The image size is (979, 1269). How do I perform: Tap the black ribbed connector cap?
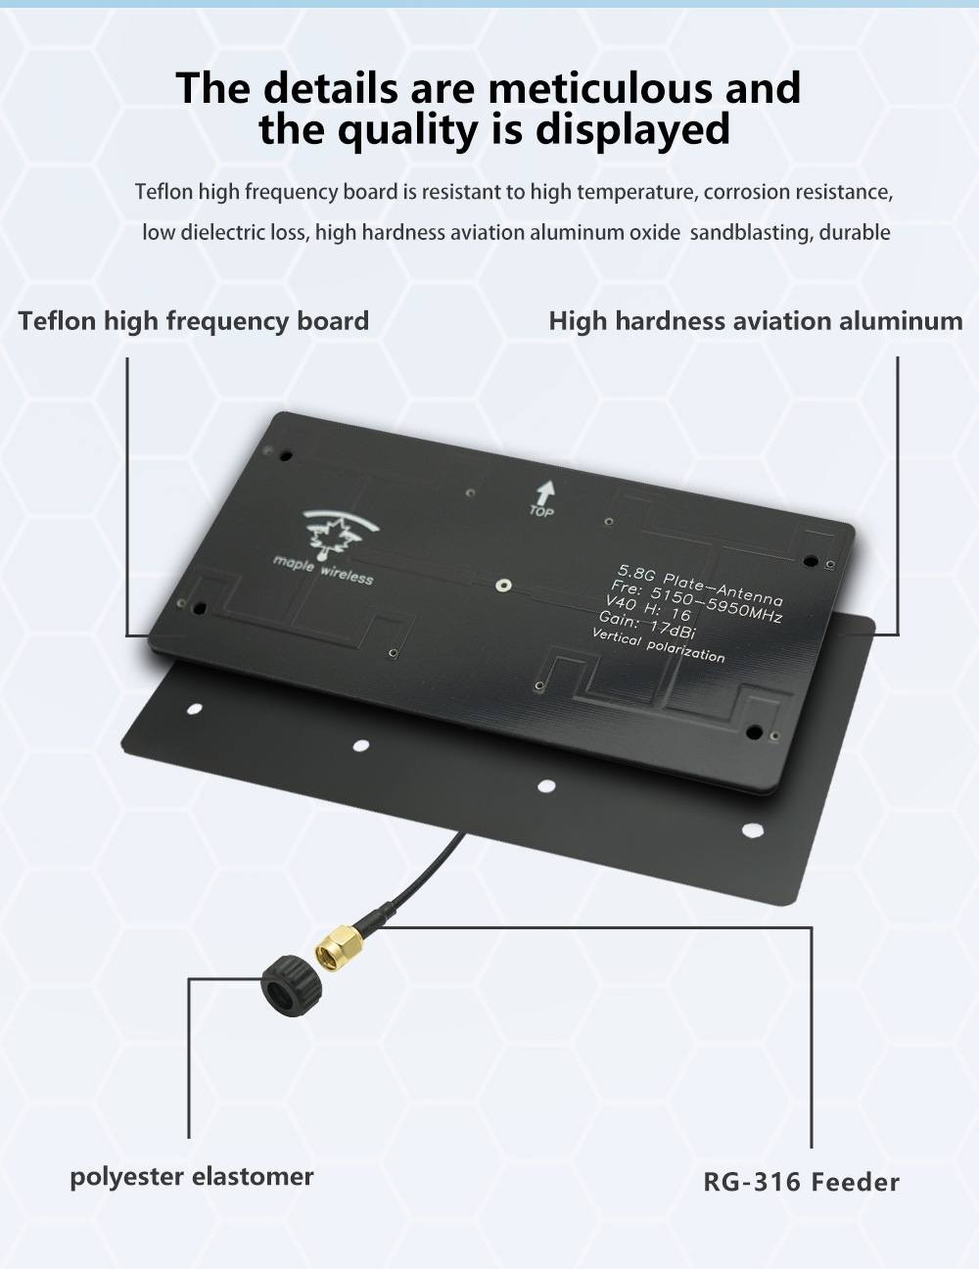[292, 985]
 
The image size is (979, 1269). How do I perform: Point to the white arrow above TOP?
[546, 493]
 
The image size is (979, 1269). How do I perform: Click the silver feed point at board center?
[503, 586]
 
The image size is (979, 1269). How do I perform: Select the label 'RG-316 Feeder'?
[801, 1182]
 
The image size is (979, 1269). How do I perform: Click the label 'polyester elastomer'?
[192, 1177]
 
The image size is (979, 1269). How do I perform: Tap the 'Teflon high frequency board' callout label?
[193, 322]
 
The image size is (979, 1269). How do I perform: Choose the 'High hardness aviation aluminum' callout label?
[756, 321]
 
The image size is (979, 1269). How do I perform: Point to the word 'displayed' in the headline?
[632, 129]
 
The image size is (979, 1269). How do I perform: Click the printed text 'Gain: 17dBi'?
[647, 625]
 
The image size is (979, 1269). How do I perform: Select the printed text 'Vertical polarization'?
[659, 645]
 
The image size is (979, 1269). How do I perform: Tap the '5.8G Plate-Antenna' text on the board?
[701, 585]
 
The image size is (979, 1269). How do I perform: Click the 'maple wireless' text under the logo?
[323, 570]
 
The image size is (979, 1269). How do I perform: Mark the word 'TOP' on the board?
[541, 511]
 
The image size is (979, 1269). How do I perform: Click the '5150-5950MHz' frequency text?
[717, 605]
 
